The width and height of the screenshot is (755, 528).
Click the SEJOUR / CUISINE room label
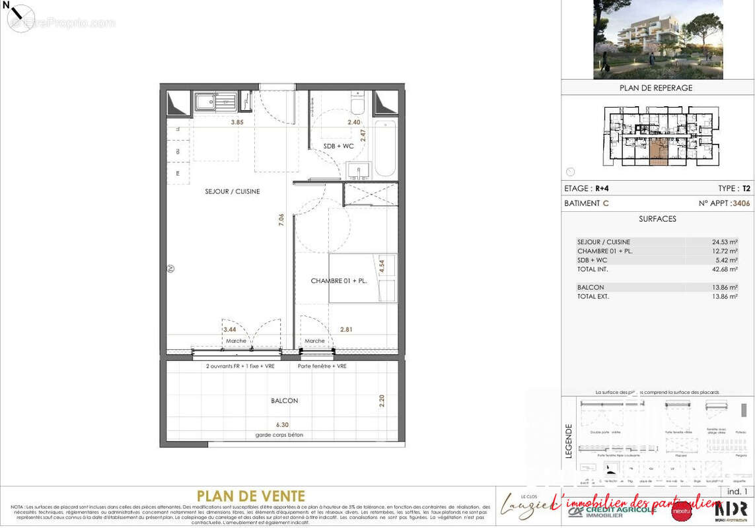point(232,191)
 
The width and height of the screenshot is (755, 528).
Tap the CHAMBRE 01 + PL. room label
point(338,280)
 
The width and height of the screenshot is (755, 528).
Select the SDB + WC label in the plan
point(338,146)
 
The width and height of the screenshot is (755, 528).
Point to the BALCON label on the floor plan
point(284,401)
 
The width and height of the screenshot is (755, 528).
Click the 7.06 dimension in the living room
point(281,220)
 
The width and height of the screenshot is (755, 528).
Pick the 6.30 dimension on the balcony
point(282,425)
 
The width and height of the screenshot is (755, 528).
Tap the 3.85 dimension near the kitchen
point(237,122)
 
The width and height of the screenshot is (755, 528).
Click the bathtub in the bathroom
point(384,148)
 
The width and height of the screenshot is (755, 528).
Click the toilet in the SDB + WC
point(357,103)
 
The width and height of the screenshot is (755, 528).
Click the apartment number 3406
point(741,204)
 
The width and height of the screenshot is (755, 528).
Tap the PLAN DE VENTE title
point(251,496)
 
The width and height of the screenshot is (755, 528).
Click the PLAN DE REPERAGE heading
point(656,88)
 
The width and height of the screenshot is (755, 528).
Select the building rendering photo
point(658,40)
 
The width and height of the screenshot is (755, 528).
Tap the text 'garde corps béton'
point(279,435)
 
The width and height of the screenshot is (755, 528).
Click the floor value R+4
point(601,188)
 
